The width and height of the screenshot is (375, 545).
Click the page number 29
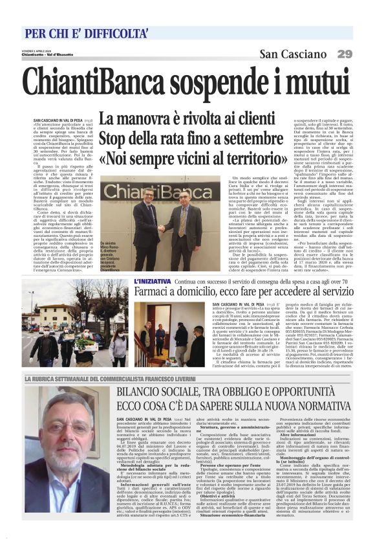(345, 53)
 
